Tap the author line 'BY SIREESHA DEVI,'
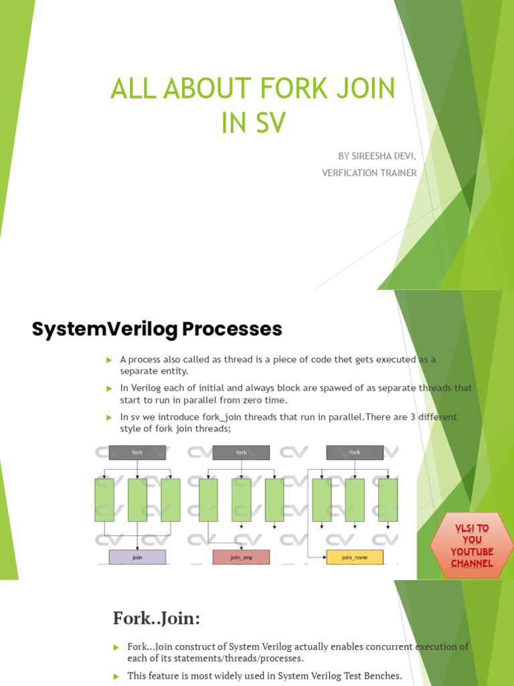[377, 156]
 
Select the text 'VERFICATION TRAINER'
[369, 173]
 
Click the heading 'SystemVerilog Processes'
[157, 329]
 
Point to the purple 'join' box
[137, 557]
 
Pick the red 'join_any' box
[241, 557]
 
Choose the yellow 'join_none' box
[355, 557]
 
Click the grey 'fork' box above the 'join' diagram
[137, 453]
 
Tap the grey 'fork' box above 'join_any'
[241, 453]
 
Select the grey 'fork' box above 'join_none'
[355, 453]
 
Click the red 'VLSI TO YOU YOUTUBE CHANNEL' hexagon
[471, 546]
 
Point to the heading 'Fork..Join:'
[157, 619]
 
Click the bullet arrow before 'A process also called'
[109, 360]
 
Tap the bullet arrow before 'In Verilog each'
[109, 389]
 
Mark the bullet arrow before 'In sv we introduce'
[109, 417]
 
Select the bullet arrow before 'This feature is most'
[115, 676]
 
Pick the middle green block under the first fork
[137, 500]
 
